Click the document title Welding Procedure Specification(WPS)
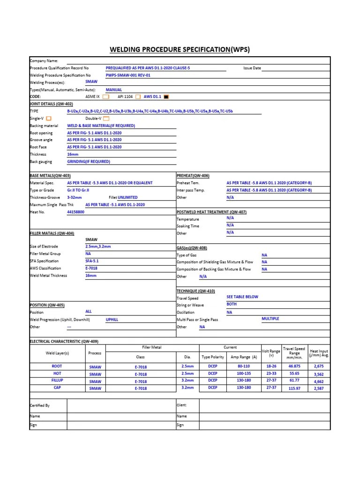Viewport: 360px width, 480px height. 180,49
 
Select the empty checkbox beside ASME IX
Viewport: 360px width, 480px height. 105,97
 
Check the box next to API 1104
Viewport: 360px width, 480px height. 138,97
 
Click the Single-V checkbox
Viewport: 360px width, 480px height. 49,119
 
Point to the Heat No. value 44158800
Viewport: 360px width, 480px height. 75,212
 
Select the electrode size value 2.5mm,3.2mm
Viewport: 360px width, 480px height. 98,246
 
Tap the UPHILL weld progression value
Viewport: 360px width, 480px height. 112,319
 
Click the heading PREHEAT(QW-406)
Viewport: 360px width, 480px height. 193,175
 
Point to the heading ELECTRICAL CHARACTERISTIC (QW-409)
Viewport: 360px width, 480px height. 64,341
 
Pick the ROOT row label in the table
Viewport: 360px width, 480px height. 57,366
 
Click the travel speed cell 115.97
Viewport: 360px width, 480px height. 294,389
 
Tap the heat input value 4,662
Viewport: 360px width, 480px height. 319,382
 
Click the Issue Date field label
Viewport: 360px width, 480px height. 252,68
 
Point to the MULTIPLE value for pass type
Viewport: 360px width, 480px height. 270,318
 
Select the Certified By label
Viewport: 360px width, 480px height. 40,405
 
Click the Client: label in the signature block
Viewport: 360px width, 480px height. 181,405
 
